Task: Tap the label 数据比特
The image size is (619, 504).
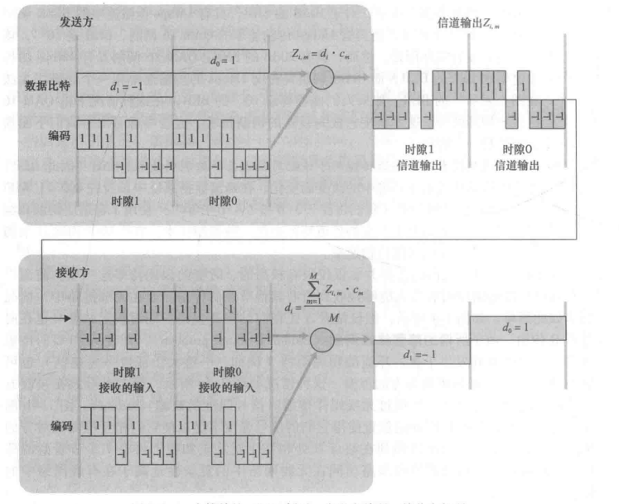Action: [x=46, y=85]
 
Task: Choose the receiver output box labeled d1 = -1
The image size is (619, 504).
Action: [x=422, y=351]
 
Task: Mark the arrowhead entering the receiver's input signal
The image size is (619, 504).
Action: [x=72, y=317]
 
